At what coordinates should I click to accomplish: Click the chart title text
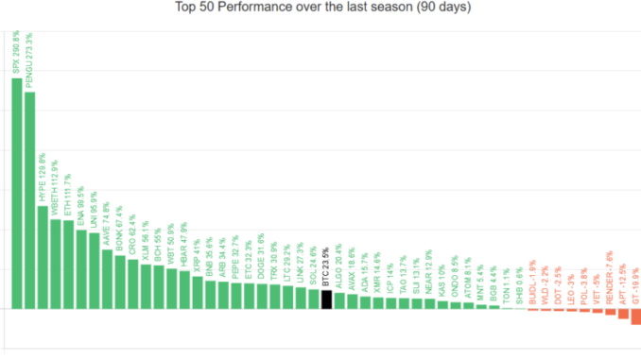(x=322, y=8)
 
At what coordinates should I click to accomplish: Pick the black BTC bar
(x=326, y=300)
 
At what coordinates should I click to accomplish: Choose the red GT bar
(x=636, y=317)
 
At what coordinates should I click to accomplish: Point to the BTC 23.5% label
(x=326, y=266)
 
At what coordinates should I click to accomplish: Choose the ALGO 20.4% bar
(x=339, y=301)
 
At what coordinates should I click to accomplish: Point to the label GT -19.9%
(x=636, y=283)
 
